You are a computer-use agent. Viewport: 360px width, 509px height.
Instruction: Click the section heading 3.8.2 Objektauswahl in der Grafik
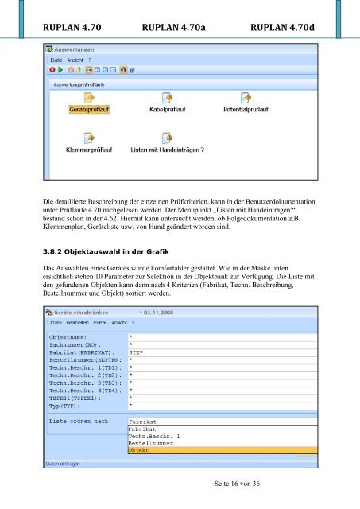110,252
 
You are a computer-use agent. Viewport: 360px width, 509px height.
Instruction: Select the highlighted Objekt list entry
139,449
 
